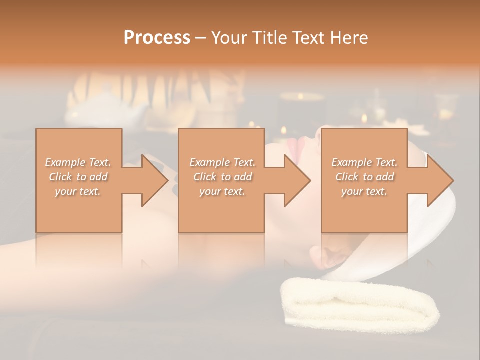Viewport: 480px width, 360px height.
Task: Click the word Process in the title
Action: tap(157, 38)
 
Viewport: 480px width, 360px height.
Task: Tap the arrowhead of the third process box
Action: tap(439, 180)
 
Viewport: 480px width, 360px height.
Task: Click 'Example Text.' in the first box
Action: tap(78, 162)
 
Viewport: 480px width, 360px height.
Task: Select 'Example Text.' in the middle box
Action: tap(222, 162)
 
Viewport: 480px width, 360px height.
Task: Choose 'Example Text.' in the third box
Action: tap(364, 162)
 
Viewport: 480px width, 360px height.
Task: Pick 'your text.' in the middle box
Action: tap(222, 191)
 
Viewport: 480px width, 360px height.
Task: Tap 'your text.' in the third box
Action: tap(364, 191)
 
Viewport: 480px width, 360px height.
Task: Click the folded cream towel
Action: tap(360, 305)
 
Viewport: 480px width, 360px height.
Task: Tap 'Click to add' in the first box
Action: tap(78, 177)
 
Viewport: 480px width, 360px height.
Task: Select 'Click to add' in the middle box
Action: tap(222, 177)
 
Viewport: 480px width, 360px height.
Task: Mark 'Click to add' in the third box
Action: tap(364, 177)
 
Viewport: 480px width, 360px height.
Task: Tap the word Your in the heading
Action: tap(227, 38)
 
